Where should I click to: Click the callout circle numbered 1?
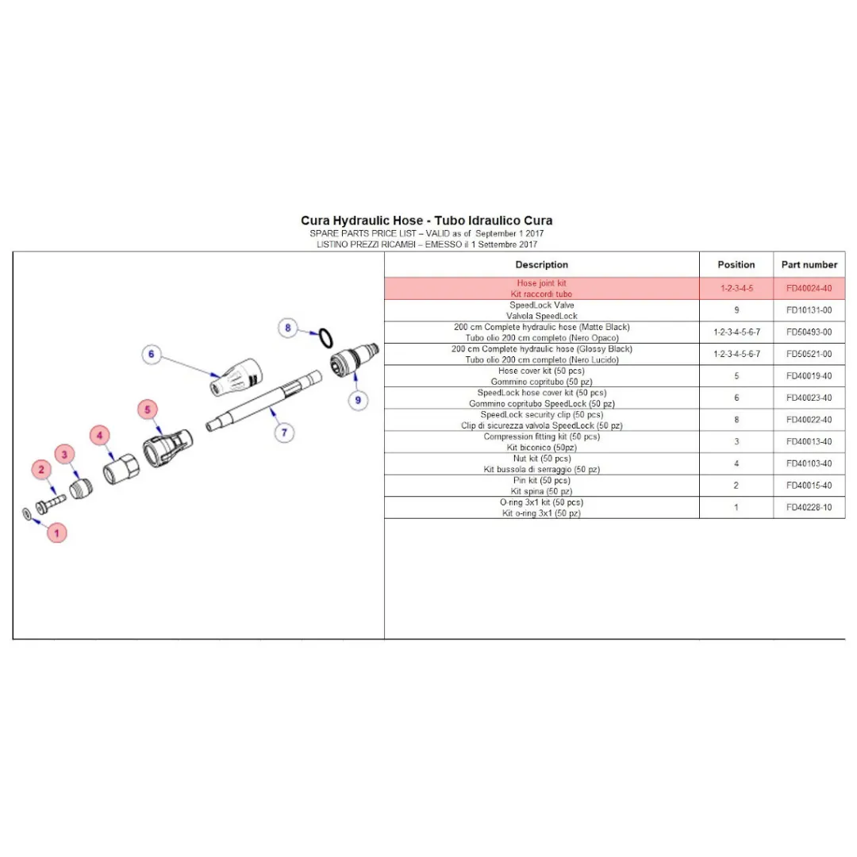pyautogui.click(x=56, y=533)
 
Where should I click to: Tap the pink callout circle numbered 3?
pyautogui.click(x=66, y=454)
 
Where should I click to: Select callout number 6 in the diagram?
pyautogui.click(x=152, y=355)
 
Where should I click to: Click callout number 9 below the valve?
pyautogui.click(x=358, y=400)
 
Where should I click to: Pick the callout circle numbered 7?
pyautogui.click(x=283, y=432)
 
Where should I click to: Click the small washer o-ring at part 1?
pyautogui.click(x=27, y=515)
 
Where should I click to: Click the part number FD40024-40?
pyautogui.click(x=809, y=288)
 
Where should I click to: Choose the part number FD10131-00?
pyautogui.click(x=809, y=310)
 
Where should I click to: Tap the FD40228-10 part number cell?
pyautogui.click(x=809, y=507)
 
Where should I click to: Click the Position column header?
pyautogui.click(x=736, y=264)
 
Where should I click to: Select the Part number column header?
pyautogui.click(x=809, y=264)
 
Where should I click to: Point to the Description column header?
pyautogui.click(x=542, y=264)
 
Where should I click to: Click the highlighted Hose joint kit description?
pyautogui.click(x=542, y=288)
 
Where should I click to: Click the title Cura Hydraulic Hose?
pyautogui.click(x=426, y=221)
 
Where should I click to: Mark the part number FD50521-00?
pyautogui.click(x=809, y=354)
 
